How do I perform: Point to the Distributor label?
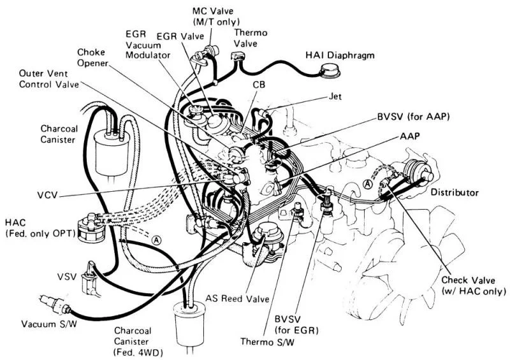tap(454, 192)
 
